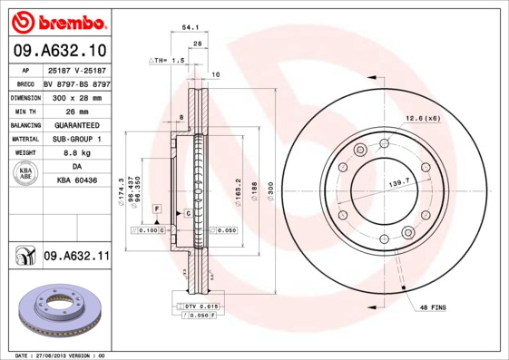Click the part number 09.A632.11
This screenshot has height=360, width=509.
click(76, 257)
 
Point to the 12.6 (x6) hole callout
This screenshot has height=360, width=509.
click(423, 118)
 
